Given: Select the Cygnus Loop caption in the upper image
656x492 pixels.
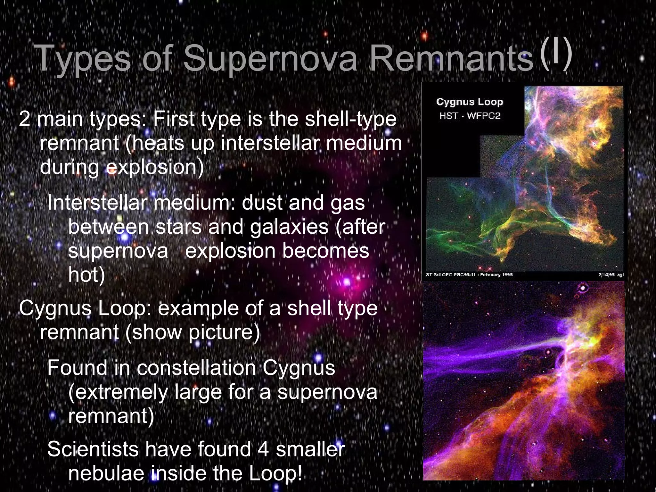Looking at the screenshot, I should [470, 102].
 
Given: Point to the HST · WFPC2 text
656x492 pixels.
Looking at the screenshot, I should [470, 116].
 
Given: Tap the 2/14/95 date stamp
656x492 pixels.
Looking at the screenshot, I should [606, 275].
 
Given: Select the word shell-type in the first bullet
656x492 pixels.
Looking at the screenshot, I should [350, 119].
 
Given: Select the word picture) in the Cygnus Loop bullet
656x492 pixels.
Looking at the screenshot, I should [224, 332].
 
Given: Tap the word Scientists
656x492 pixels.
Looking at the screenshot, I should [93, 449].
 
